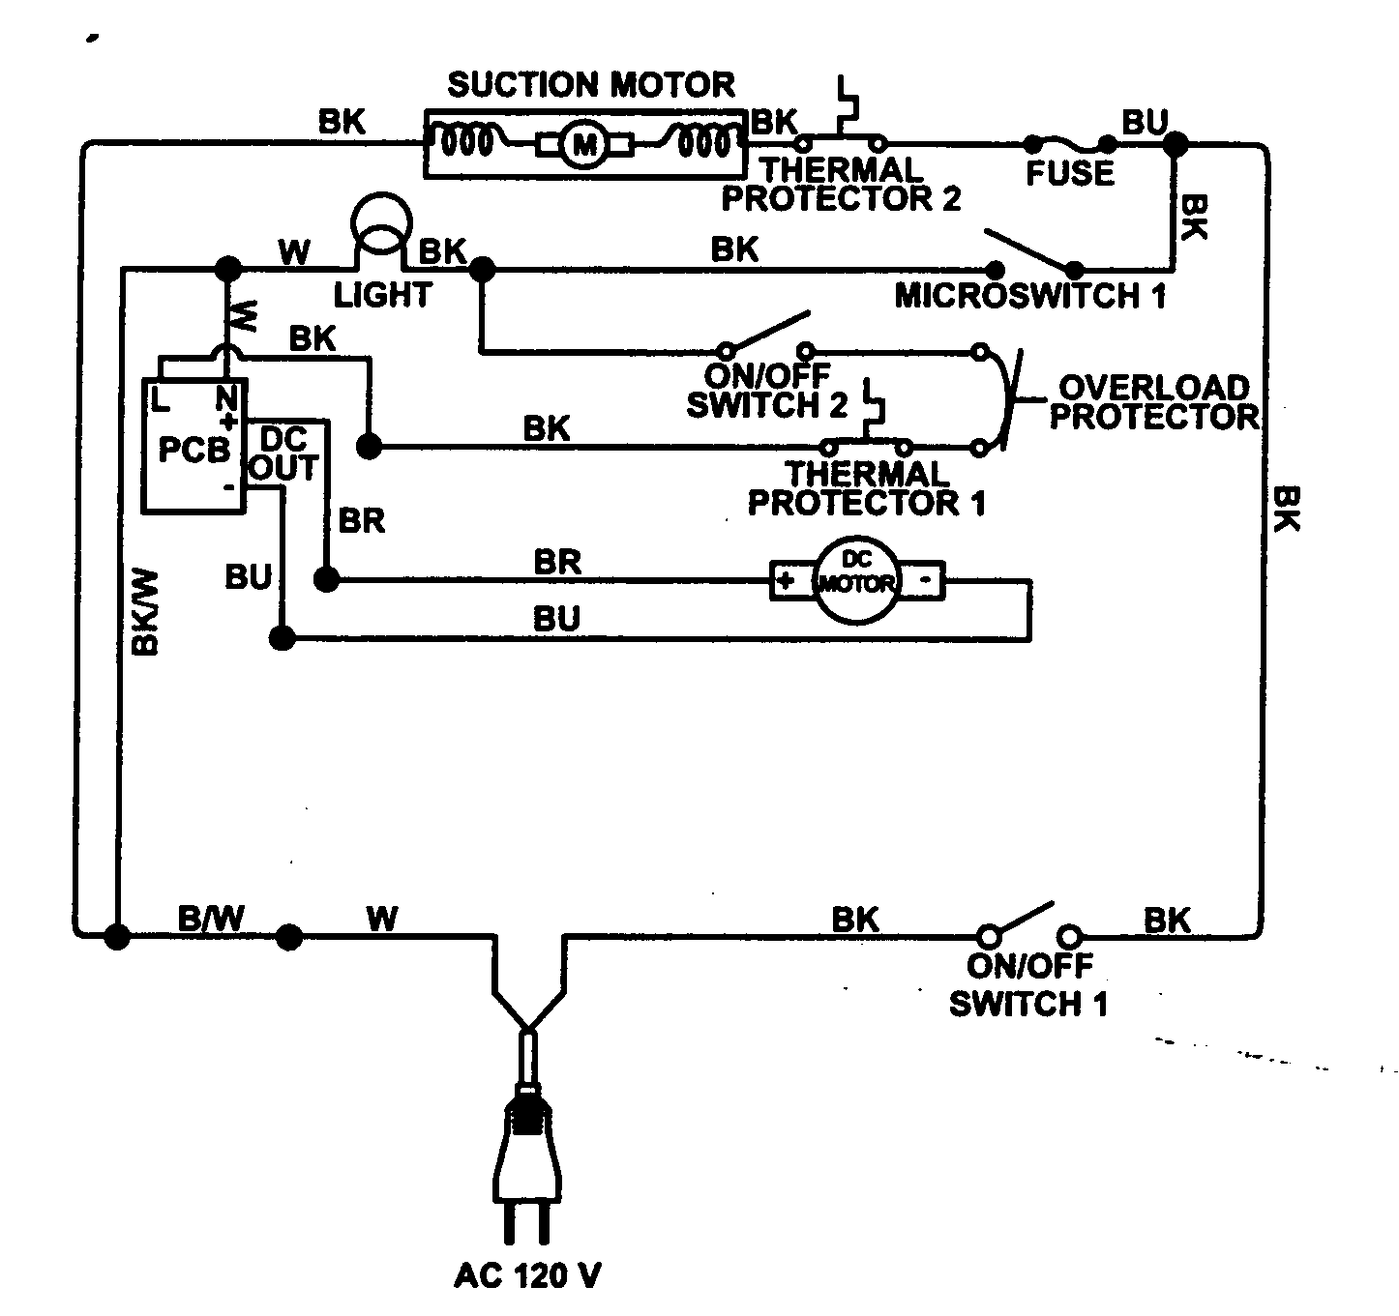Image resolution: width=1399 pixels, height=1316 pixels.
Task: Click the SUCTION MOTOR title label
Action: click(x=590, y=85)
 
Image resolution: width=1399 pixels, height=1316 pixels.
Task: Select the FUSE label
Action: click(x=1070, y=174)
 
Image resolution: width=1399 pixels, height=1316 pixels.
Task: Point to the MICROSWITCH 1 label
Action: click(x=1030, y=296)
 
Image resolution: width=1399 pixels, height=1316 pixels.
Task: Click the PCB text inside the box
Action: click(x=193, y=451)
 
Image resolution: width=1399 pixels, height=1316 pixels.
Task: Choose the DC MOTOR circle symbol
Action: click(x=856, y=581)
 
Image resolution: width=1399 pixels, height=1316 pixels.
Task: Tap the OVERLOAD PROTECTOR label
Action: click(x=1154, y=402)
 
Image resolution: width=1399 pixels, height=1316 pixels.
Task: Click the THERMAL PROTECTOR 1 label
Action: click(x=866, y=488)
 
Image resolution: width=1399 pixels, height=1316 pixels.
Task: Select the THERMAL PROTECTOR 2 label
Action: click(x=842, y=185)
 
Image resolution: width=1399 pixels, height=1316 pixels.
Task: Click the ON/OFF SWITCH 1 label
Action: click(x=1028, y=984)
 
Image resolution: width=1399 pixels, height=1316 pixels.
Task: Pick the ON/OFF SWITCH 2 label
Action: click(x=767, y=390)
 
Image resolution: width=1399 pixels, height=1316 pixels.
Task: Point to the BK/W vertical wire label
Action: click(x=145, y=612)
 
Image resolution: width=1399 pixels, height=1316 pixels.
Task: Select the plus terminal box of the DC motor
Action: click(x=787, y=581)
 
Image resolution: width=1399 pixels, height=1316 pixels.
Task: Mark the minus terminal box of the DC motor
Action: click(x=925, y=581)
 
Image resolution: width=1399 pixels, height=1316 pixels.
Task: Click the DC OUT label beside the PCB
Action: click(x=283, y=454)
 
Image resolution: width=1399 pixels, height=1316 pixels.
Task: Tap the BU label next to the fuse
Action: click(x=1145, y=123)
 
